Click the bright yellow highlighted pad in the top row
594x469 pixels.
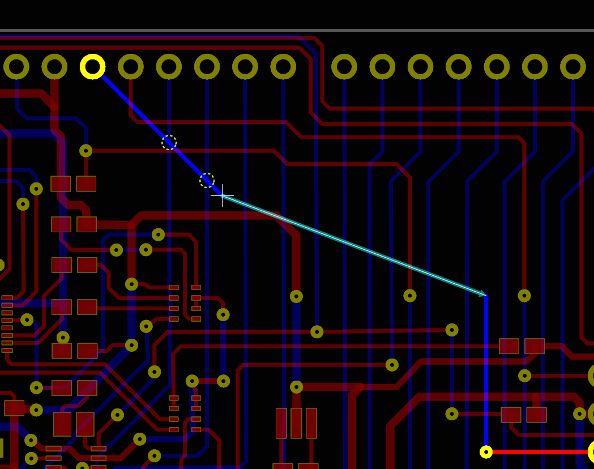pyautogui.click(x=92, y=67)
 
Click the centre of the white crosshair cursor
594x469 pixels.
pyautogui.click(x=222, y=196)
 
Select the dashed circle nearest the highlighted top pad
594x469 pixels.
pyautogui.click(x=169, y=143)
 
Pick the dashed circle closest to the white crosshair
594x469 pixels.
pyautogui.click(x=207, y=181)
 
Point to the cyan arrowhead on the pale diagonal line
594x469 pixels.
pyautogui.click(x=482, y=293)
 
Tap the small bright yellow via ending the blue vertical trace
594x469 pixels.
pyautogui.click(x=486, y=451)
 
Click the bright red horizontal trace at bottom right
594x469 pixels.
pyautogui.click(x=538, y=451)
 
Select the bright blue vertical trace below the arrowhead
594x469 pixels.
pyautogui.click(x=486, y=368)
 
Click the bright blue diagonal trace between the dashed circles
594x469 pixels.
pyautogui.click(x=187, y=161)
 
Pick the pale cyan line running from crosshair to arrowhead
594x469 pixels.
pyautogui.click(x=351, y=245)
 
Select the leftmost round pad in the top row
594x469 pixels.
pyautogui.click(x=16, y=67)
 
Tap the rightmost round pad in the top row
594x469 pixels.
pyautogui.click(x=572, y=67)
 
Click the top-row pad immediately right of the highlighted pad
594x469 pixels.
pyautogui.click(x=131, y=67)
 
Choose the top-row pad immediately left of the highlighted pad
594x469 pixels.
pyautogui.click(x=54, y=67)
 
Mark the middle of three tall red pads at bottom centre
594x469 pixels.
pyautogui.click(x=296, y=423)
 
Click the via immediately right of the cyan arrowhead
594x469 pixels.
pyautogui.click(x=524, y=296)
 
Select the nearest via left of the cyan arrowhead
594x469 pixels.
pyautogui.click(x=410, y=296)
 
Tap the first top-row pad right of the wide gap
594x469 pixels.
pyautogui.click(x=344, y=67)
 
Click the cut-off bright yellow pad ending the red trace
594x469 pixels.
pyautogui.click(x=591, y=451)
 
